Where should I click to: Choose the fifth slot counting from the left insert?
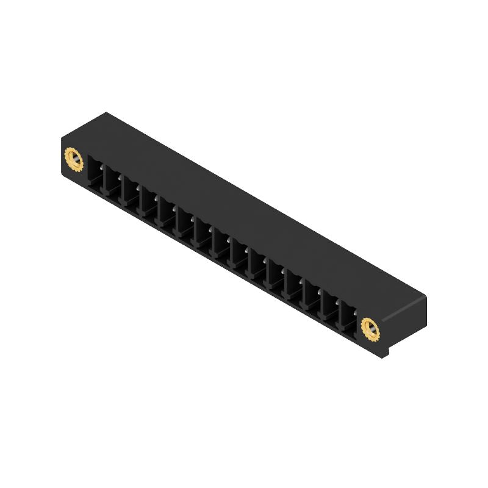[168, 213]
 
